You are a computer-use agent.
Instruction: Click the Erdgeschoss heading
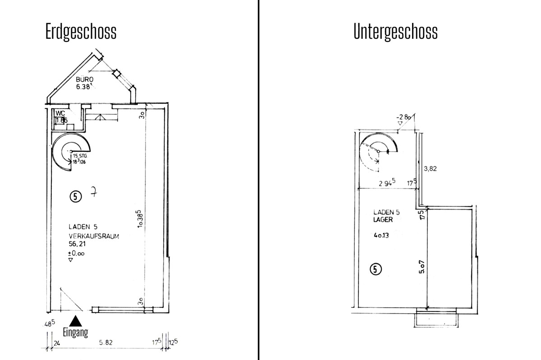click(81, 32)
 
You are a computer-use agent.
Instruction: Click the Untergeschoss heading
click(395, 32)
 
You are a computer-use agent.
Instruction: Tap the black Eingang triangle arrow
click(77, 320)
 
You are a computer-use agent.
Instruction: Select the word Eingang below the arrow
click(76, 333)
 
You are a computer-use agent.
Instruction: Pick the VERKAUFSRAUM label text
click(94, 236)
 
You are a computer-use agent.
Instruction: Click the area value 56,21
click(77, 244)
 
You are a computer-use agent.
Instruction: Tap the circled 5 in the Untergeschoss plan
click(376, 269)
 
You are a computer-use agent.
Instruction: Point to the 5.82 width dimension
click(105, 342)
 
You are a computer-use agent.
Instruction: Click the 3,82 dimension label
click(431, 169)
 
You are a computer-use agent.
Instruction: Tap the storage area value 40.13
click(381, 234)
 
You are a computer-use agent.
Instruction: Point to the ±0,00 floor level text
click(76, 253)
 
